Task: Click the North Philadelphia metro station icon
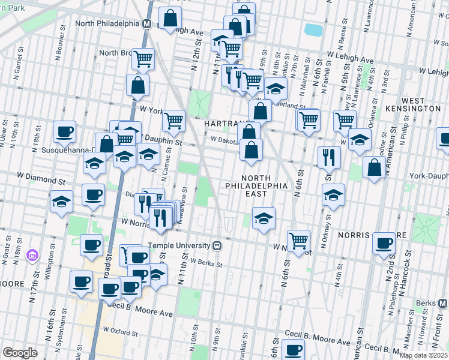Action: pyautogui.click(x=146, y=23)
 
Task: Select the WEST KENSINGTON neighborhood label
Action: pyautogui.click(x=421, y=104)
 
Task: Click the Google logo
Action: pyautogui.click(x=20, y=353)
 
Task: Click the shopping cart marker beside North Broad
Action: pyautogui.click(x=143, y=58)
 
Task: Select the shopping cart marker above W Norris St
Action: pyautogui.click(x=298, y=240)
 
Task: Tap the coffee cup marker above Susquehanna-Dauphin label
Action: pyautogui.click(x=64, y=131)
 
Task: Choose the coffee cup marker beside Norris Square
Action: pyautogui.click(x=384, y=243)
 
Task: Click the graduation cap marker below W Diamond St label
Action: pyautogui.click(x=62, y=202)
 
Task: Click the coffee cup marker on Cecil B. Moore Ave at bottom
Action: pyautogui.click(x=294, y=350)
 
